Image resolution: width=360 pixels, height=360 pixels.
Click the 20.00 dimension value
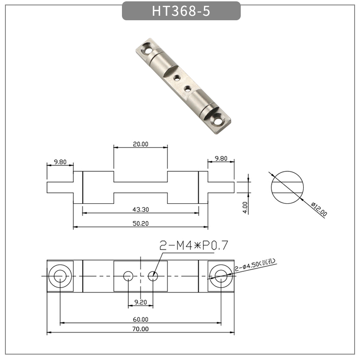click(x=140, y=144)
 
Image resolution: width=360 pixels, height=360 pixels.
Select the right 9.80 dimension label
click(x=221, y=158)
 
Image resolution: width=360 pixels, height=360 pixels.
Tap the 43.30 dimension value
click(x=141, y=210)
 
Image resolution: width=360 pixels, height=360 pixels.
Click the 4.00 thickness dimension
click(x=245, y=207)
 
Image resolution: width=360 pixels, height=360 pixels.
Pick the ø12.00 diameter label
click(x=319, y=210)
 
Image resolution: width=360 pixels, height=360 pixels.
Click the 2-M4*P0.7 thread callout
click(x=194, y=246)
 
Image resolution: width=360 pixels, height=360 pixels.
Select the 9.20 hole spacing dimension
click(x=141, y=302)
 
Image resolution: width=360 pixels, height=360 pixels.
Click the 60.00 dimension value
click(x=140, y=319)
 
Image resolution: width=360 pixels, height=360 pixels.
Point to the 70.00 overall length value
click(x=140, y=329)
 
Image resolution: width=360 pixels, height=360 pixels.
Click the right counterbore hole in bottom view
click(x=220, y=275)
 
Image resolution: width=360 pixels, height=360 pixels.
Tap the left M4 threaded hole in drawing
click(x=128, y=275)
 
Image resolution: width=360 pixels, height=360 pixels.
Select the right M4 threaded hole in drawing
click(x=153, y=275)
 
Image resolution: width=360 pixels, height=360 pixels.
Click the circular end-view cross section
click(x=288, y=187)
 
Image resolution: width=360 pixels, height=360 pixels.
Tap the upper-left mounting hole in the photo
click(x=146, y=48)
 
